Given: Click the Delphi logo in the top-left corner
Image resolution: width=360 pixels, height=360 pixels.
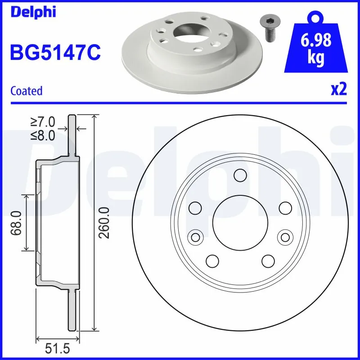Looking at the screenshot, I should click(32, 12).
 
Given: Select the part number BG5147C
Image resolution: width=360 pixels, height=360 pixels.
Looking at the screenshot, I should click(55, 52).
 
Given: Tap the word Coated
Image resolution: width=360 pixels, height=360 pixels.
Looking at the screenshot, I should click(26, 91).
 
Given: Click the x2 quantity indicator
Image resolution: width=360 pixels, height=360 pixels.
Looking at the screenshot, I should click(339, 90).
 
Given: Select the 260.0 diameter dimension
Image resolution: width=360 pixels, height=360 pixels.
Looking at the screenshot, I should click(104, 223).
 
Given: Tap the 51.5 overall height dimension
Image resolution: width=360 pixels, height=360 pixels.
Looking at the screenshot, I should click(58, 348).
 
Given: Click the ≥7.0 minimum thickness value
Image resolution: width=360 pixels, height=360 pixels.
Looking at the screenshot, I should click(43, 121).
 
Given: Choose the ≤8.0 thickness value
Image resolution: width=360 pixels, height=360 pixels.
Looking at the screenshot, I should click(43, 135).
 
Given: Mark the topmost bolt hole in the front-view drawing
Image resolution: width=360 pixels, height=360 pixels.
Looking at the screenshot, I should click(240, 175).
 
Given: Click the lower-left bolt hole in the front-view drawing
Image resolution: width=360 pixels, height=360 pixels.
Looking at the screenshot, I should click(211, 261).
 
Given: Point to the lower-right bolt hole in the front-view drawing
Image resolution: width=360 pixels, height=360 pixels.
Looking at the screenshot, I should click(268, 261).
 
